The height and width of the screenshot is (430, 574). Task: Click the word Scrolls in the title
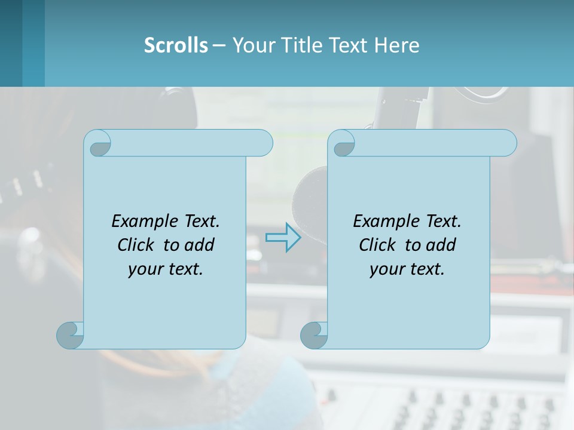[176, 45]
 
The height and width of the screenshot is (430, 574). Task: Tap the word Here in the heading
[397, 45]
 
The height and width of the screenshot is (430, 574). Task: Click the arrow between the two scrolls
[283, 238]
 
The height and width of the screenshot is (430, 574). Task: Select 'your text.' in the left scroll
[166, 269]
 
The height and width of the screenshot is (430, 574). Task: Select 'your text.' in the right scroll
[407, 269]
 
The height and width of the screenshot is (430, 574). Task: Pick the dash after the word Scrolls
[219, 45]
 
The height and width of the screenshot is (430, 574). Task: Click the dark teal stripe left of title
[11, 43]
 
